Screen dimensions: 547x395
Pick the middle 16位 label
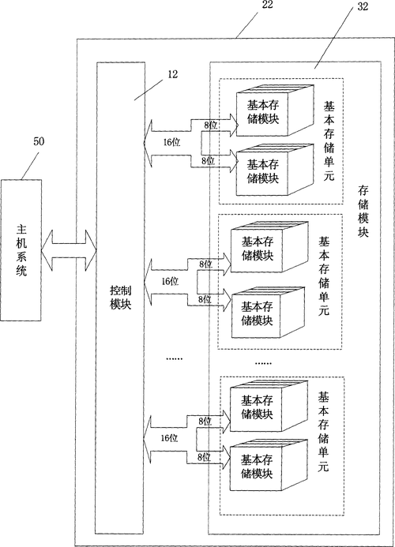pyautogui.click(x=170, y=281)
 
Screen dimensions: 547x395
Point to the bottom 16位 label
pyautogui.click(x=168, y=437)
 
